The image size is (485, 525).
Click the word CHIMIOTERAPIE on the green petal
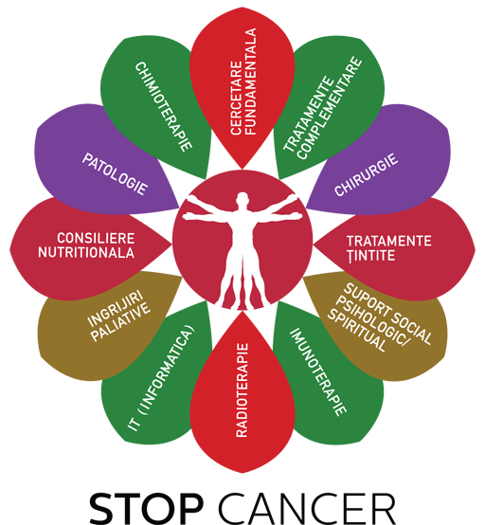pyautogui.click(x=163, y=106)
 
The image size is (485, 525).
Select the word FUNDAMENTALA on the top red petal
pyautogui.click(x=251, y=81)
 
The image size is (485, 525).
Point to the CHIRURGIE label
pyautogui.click(x=367, y=174)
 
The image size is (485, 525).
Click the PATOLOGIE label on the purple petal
pyautogui.click(x=115, y=173)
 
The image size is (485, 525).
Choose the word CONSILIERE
pyautogui.click(x=96, y=239)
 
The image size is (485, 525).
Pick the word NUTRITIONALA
pyautogui.click(x=86, y=252)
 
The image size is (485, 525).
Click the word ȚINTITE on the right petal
pyautogui.click(x=371, y=256)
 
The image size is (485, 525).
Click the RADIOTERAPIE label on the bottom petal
pyautogui.click(x=242, y=390)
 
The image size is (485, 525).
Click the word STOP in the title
pyautogui.click(x=147, y=507)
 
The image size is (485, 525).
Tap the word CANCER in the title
pyautogui.click(x=307, y=507)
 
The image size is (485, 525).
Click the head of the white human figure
pyautogui.click(x=242, y=200)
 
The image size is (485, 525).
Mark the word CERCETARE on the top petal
pyautogui.click(x=236, y=98)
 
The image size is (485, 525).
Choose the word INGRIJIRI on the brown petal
pyautogui.click(x=115, y=309)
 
